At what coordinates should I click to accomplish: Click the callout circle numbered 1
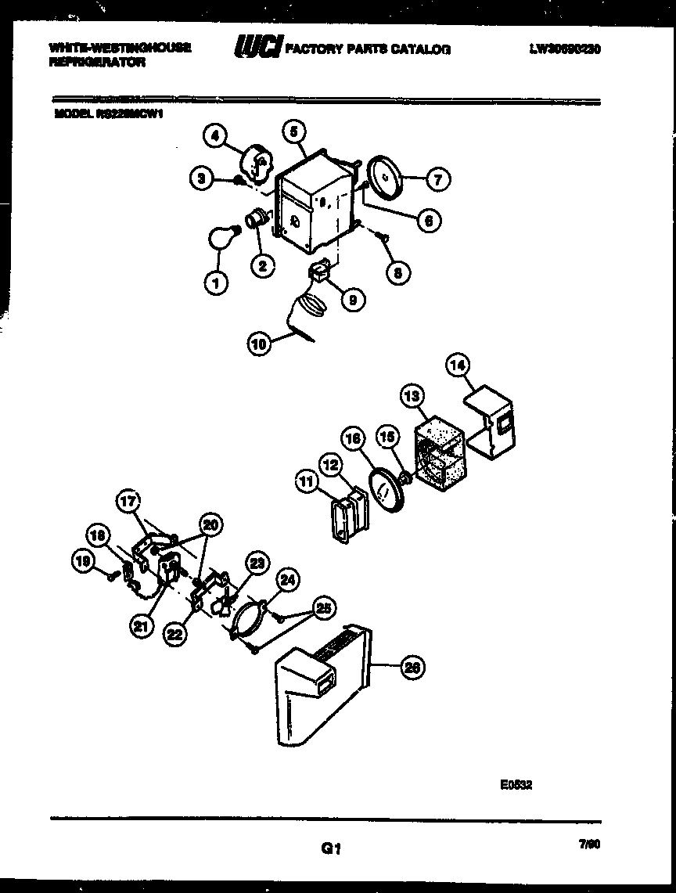click(x=216, y=283)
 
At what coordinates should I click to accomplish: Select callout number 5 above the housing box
click(x=293, y=132)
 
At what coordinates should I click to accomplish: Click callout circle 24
click(x=289, y=580)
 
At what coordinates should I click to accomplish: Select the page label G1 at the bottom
click(x=332, y=848)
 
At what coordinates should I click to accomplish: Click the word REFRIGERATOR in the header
click(x=96, y=63)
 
